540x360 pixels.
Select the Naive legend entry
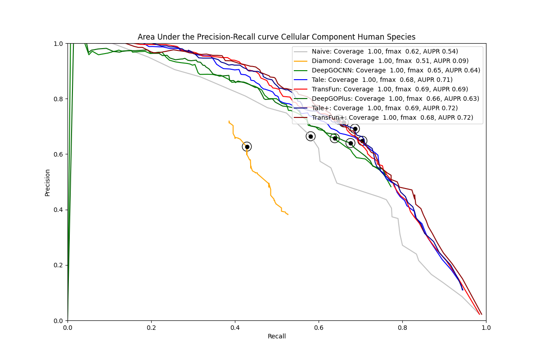(387, 51)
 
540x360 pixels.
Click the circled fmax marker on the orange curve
(247, 147)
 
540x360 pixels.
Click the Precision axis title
(47, 182)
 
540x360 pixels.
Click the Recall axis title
(277, 336)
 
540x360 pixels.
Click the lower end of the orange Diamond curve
(288, 215)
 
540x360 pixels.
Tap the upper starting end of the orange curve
(229, 121)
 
